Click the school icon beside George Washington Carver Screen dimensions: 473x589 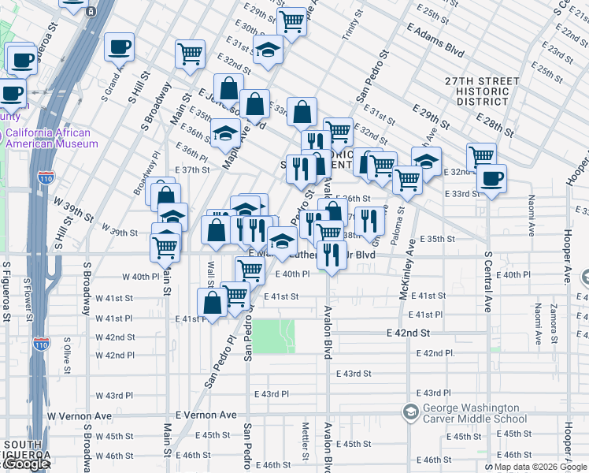pyautogui.click(x=409, y=412)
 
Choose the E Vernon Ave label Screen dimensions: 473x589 pyautogui.click(x=206, y=415)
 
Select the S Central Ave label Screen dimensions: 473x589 pyautogui.click(x=488, y=282)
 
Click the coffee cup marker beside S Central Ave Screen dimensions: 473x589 pyautogui.click(x=492, y=179)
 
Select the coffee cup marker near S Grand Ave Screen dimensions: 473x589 pyautogui.click(x=119, y=46)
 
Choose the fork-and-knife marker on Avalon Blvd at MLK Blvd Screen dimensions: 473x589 pyautogui.click(x=331, y=255)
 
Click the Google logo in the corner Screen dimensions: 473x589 pyautogui.click(x=25, y=464)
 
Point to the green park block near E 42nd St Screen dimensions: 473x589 pyautogui.click(x=275, y=336)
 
